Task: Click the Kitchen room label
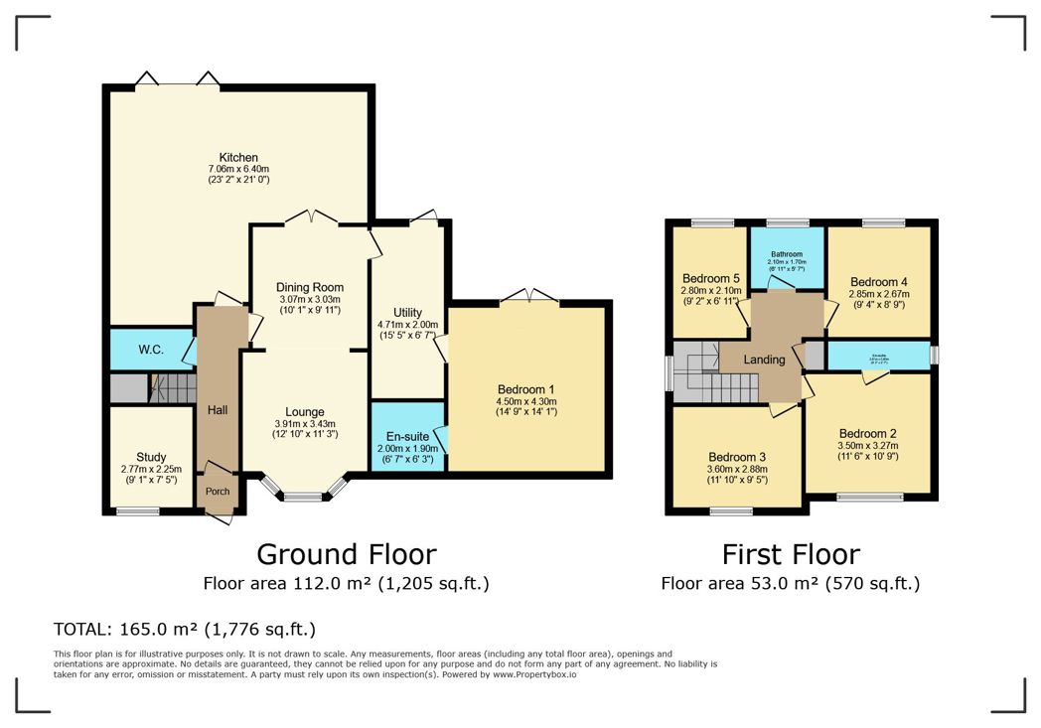tap(238, 157)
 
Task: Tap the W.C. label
tap(151, 350)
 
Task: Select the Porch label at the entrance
tap(218, 492)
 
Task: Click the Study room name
tap(151, 457)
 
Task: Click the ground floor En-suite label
tap(406, 434)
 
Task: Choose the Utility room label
tap(407, 312)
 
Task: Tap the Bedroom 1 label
tap(526, 388)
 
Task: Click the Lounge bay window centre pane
tap(304, 497)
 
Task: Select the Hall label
tap(218, 409)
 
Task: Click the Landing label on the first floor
tap(764, 360)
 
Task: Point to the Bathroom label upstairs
tap(786, 254)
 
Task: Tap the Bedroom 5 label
tap(711, 278)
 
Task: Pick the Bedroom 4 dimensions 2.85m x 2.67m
tap(879, 294)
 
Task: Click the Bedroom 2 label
tap(867, 434)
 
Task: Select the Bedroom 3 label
tap(737, 457)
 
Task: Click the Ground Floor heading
tap(346, 553)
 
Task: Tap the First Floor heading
tap(790, 553)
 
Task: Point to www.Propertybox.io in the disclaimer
tap(535, 674)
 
